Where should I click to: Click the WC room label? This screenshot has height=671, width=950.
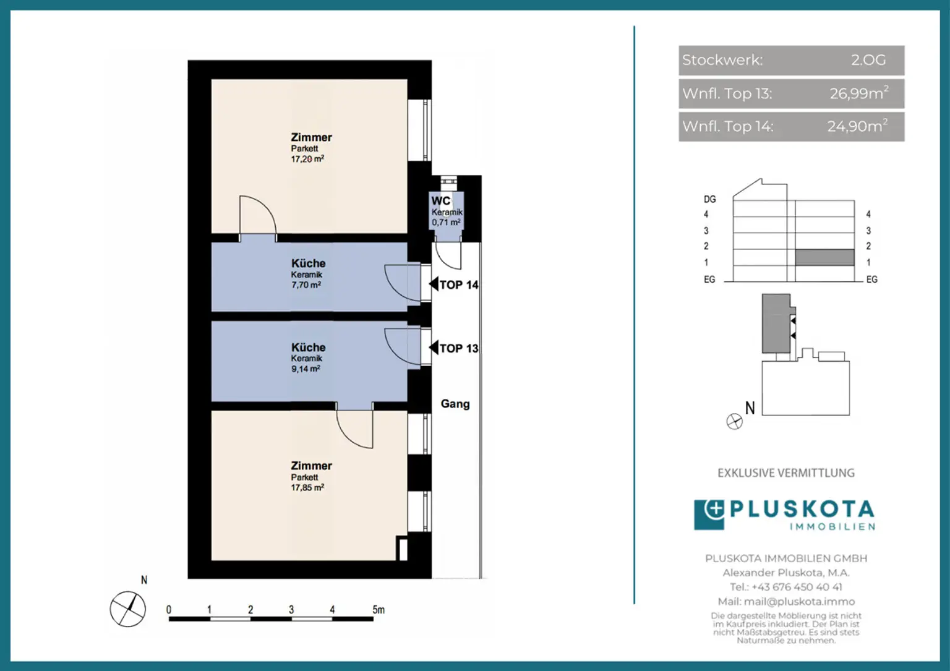pos(440,200)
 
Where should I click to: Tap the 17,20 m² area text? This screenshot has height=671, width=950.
pos(307,159)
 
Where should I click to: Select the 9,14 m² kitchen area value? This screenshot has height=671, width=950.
pos(306,369)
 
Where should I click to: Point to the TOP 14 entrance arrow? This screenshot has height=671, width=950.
pos(434,284)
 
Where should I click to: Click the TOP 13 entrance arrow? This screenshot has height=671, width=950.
pos(434,348)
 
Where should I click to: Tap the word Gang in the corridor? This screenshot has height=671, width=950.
pos(455,404)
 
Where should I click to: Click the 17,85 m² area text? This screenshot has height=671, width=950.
pos(307,488)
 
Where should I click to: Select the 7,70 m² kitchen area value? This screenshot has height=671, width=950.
pos(306,284)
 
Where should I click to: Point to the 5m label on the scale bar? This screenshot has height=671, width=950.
pos(379,610)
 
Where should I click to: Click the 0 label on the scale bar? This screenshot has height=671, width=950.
pos(169,610)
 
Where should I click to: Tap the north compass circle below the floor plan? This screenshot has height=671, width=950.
pos(127,609)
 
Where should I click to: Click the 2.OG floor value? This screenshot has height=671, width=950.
pos(868,60)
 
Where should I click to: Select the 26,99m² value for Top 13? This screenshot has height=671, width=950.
pos(859,93)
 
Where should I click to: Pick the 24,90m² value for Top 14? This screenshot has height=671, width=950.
pos(857,126)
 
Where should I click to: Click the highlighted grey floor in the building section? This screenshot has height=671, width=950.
pos(824,257)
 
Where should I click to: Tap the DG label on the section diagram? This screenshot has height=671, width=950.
pos(709,199)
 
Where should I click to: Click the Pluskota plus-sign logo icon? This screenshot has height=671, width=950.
pos(709,515)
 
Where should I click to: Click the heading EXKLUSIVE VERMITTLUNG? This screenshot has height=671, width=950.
pos(786,473)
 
